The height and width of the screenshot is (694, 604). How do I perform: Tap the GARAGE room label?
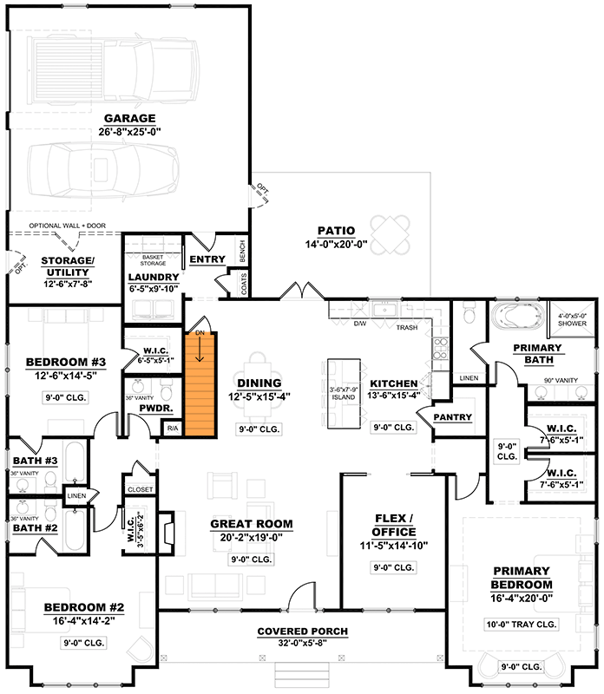pos(129,118)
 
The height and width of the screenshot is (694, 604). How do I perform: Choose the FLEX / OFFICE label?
pos(393,524)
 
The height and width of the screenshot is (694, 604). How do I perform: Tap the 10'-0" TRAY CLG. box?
pos(522,624)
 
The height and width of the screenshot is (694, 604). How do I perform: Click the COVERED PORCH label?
pos(303,631)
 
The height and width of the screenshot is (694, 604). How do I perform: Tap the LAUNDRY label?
pos(154,277)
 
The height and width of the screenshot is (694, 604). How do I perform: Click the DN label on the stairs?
pos(200,332)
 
